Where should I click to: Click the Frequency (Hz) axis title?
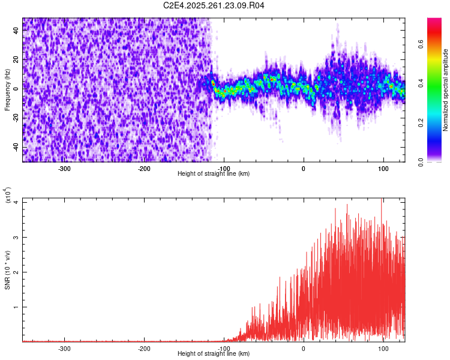pos(7,90)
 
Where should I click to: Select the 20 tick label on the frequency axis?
pos(16,60)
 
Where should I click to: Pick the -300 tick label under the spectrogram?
pos(64,168)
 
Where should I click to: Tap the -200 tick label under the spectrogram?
pos(144,168)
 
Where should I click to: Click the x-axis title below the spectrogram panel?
pos(214,174)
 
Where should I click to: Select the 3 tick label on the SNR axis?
pos(16,238)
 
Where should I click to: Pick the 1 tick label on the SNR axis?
pos(16,307)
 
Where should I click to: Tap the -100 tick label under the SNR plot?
pos(224,348)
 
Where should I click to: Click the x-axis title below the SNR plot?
pos(214,354)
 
